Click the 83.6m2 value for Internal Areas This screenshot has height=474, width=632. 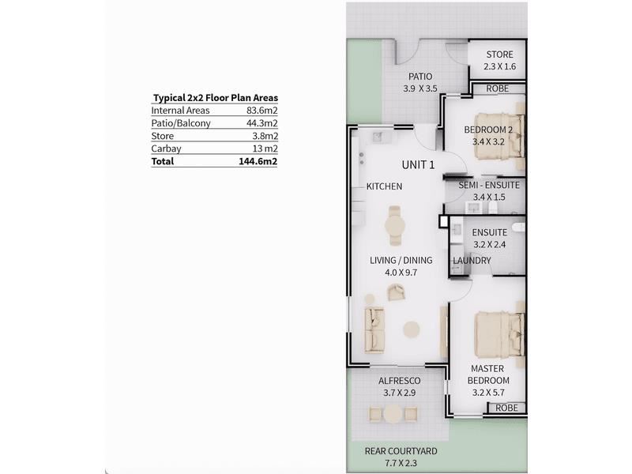[262, 111]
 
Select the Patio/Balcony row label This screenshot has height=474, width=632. [181, 123]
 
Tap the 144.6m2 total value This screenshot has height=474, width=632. [258, 162]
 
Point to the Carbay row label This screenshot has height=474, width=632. [166, 149]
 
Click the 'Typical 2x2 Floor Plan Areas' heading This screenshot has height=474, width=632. [216, 98]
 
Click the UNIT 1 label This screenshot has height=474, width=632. [419, 165]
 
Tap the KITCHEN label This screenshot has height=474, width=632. [384, 186]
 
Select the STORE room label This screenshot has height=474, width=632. [500, 55]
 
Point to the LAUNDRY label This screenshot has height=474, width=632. [472, 261]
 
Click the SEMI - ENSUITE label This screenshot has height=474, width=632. [489, 186]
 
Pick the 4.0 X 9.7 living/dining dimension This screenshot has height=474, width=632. [401, 273]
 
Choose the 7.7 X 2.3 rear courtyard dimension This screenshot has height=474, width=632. [401, 463]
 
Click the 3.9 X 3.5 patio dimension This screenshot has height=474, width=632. [420, 88]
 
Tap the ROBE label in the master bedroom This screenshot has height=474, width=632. [506, 408]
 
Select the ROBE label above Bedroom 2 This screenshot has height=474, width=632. [498, 88]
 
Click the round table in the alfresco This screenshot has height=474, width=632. [393, 414]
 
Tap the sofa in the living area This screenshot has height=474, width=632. [374, 330]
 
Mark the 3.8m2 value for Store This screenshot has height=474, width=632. [265, 136]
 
